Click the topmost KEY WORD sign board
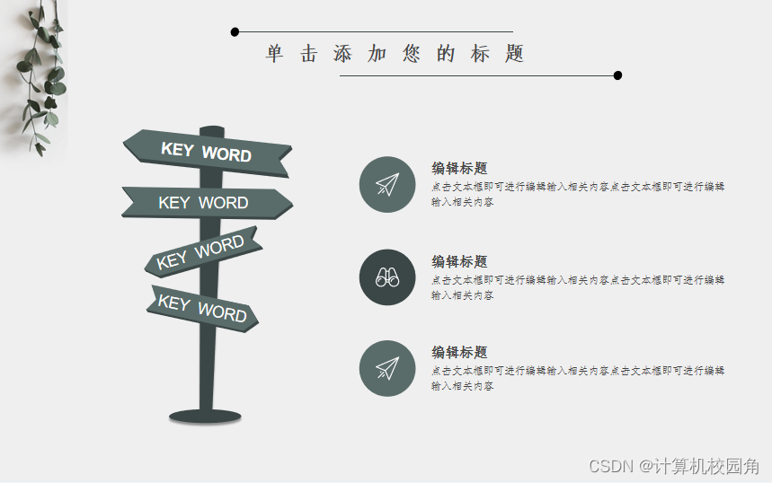[x=207, y=153]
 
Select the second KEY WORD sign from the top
[x=205, y=203]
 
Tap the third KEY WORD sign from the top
[x=202, y=252]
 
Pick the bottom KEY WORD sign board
[x=203, y=308]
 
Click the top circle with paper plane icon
[x=387, y=184]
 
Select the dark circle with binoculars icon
[x=387, y=277]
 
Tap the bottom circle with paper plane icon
[x=387, y=368]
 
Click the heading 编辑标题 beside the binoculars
[x=459, y=261]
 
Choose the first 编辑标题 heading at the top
[x=459, y=168]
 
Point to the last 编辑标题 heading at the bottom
[x=459, y=352]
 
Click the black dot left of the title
[x=235, y=32]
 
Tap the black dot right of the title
[x=617, y=75]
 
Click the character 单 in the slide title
[x=274, y=54]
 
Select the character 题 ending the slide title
[x=514, y=54]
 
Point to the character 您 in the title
[x=412, y=54]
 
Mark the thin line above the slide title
[x=377, y=32]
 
